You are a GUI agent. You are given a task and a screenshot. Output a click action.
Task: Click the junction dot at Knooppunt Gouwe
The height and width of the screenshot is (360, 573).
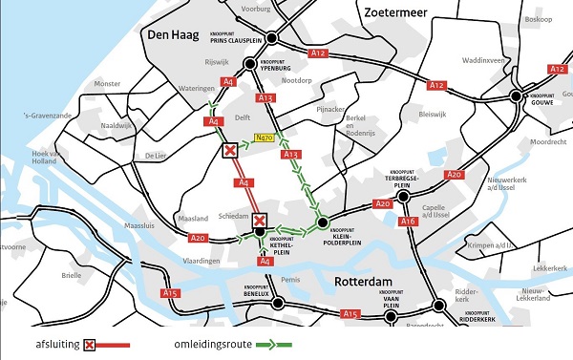point(517,95)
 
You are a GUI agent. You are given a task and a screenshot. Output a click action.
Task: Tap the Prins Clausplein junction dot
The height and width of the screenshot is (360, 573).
point(272,38)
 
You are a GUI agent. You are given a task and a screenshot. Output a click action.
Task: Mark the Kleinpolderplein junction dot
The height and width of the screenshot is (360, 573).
point(322,223)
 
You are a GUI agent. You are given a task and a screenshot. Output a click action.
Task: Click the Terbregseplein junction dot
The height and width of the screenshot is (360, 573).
point(404,195)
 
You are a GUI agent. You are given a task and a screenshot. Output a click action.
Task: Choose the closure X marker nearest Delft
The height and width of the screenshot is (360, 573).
point(229,151)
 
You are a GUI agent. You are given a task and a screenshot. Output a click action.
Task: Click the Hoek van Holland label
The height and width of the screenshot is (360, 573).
point(46,159)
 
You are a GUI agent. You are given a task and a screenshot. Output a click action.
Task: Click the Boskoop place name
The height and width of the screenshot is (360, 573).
point(539,19)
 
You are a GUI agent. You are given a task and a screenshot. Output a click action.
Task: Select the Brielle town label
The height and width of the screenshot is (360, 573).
point(72,275)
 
